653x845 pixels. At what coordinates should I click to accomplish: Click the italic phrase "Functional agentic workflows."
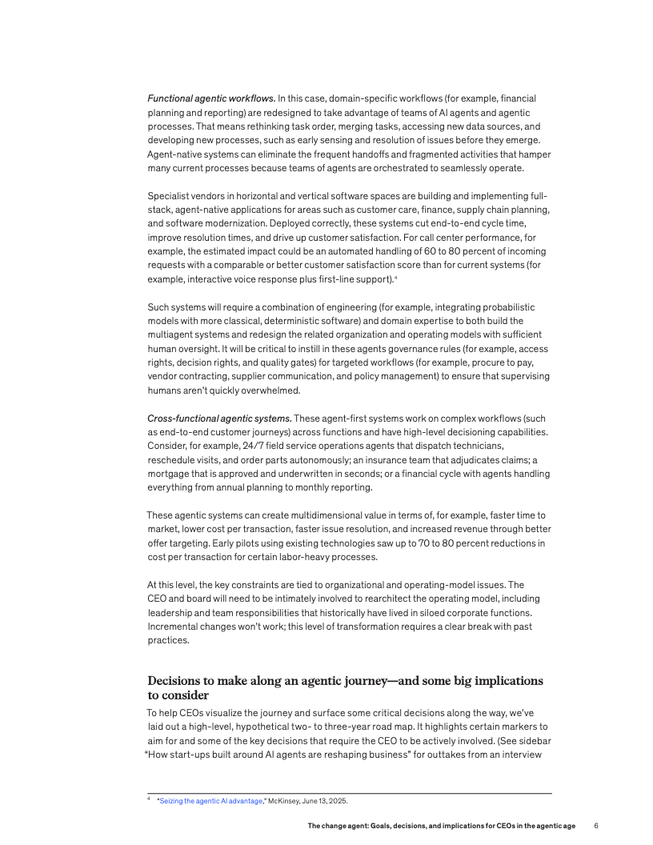pos(211,98)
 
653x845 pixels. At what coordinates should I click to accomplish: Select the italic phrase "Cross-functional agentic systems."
pos(219,418)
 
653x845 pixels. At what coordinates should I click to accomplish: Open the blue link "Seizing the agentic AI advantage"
pos(211,801)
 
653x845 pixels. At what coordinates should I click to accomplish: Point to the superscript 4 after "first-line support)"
pos(396,276)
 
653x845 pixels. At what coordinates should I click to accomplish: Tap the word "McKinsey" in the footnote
pos(283,801)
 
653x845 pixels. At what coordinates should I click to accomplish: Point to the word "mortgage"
pos(169,473)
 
